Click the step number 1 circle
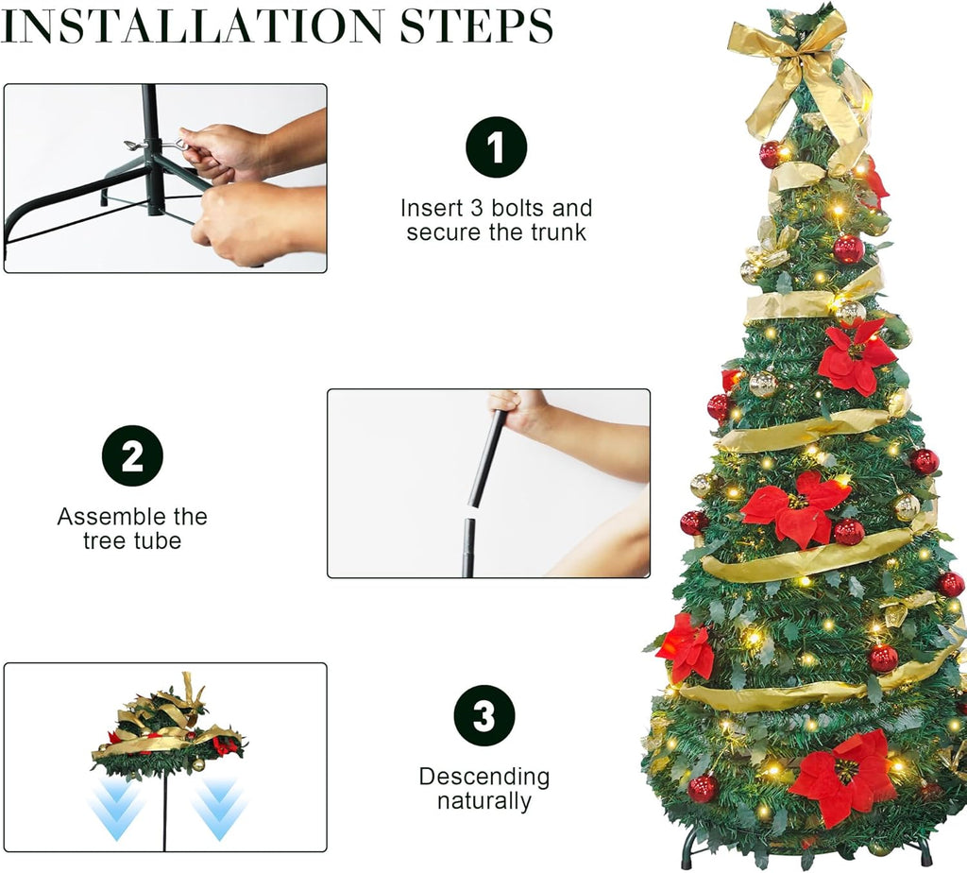pos(497,146)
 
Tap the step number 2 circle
pos(132,456)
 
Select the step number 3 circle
pos(484,715)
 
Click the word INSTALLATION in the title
pos(192,26)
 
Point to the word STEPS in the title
pos(476,26)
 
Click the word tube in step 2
pos(157,541)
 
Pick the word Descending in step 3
pos(484,776)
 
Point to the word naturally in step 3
pos(484,801)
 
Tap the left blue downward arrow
pos(117,808)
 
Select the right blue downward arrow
pos(219,808)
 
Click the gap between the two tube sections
pos(472,513)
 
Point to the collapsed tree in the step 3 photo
pos(170,728)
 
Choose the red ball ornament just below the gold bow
pos(771,155)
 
